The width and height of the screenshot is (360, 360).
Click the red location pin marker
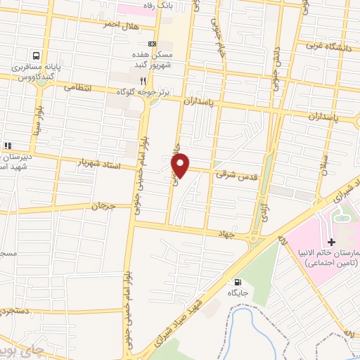pos(181,165)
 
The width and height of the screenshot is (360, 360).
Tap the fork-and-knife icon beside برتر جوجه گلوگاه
pos(143,80)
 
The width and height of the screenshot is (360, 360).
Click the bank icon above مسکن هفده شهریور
pos(143,44)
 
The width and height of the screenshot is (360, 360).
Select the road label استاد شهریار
pos(101,165)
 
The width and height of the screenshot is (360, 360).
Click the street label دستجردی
pos(15,309)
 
